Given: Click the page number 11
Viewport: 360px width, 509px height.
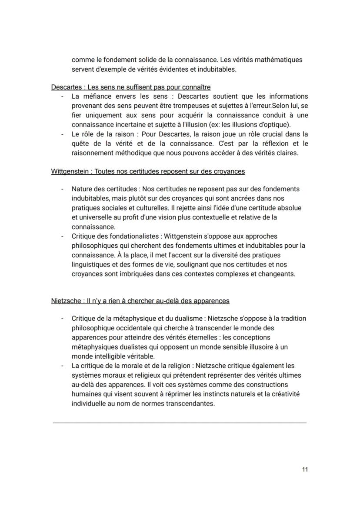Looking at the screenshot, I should [x=305, y=469].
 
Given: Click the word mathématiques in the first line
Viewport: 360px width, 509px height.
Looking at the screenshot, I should [x=278, y=60].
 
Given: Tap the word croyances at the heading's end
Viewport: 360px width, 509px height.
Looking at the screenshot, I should [x=229, y=171].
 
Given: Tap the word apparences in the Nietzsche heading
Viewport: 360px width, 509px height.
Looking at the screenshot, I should [x=212, y=301].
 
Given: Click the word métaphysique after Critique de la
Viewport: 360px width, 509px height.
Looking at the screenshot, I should [x=130, y=319].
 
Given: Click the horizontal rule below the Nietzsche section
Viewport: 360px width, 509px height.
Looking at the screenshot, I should [x=179, y=422].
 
